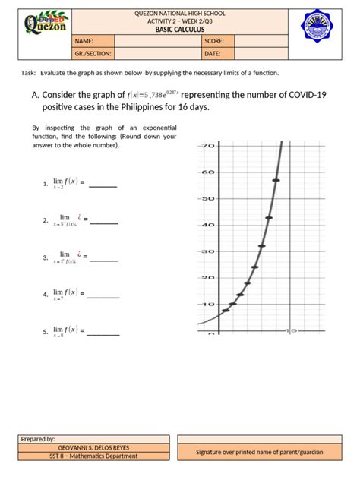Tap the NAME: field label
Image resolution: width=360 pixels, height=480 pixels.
[x=84, y=41]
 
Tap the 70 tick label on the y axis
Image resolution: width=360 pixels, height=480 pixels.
[x=207, y=145]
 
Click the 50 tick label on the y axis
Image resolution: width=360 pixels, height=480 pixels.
[x=207, y=198]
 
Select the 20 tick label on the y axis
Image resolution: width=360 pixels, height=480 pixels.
[x=207, y=277]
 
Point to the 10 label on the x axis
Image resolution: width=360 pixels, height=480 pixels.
[x=291, y=331]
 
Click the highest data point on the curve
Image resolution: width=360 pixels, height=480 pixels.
[x=276, y=180]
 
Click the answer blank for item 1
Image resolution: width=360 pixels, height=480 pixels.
[x=103, y=185]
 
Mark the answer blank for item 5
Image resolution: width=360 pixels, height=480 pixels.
[x=103, y=333]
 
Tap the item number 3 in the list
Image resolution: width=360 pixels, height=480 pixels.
[x=46, y=258]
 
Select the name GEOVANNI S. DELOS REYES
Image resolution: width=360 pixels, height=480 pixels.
[x=93, y=448]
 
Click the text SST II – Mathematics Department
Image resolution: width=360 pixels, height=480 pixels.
[x=93, y=456]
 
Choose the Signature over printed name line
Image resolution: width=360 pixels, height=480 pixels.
[x=259, y=452]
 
